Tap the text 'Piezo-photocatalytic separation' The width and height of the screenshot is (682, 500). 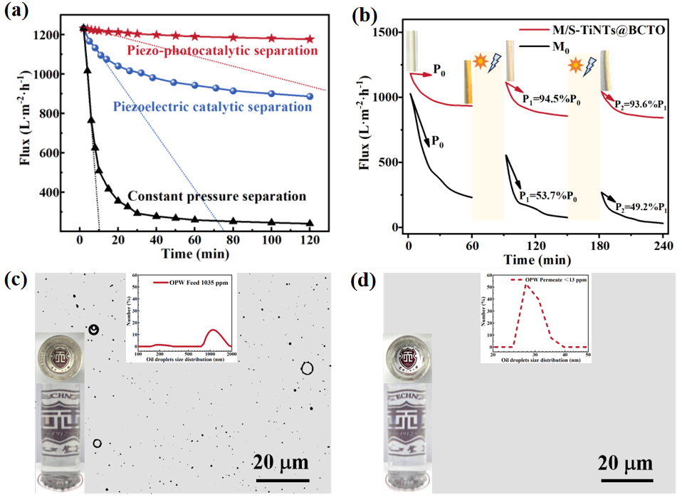click(222, 51)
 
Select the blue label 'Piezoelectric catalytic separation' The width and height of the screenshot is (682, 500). click(213, 107)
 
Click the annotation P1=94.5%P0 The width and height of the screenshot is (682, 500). click(540, 100)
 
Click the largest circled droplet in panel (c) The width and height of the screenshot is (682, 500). click(307, 368)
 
